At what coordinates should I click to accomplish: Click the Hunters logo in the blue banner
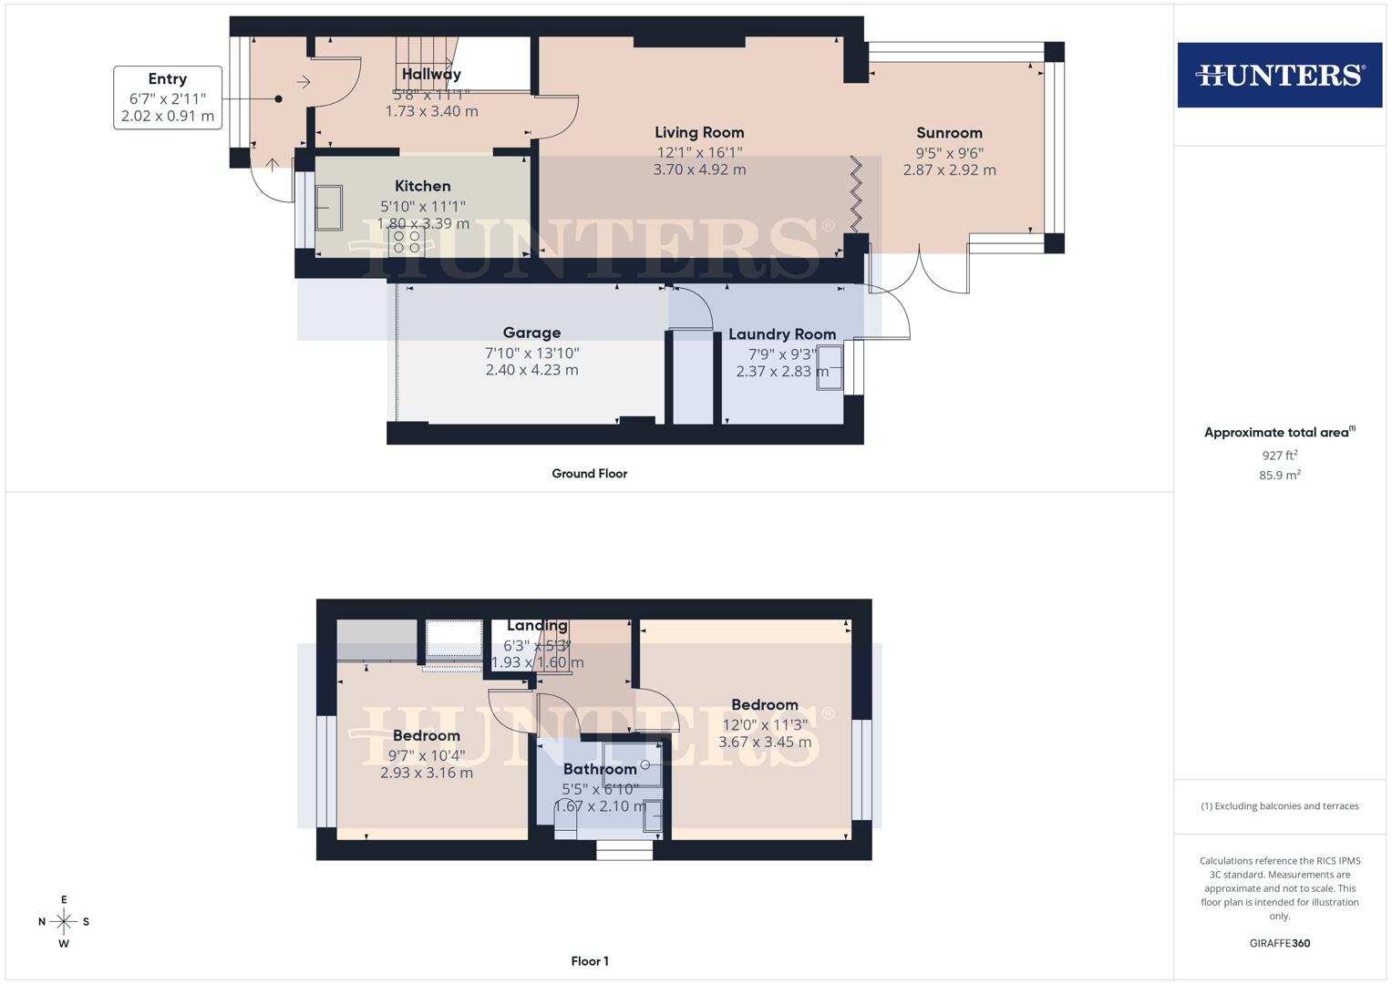tap(1279, 75)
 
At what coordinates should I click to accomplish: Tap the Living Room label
tap(699, 133)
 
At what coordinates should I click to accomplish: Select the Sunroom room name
tap(949, 133)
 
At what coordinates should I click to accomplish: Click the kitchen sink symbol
tap(328, 209)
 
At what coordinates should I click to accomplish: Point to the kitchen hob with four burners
tap(407, 241)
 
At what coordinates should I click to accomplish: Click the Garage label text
tap(531, 333)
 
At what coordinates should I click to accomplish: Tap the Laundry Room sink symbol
tap(830, 369)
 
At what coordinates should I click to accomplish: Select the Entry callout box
tap(168, 97)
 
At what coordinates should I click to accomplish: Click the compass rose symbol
tap(64, 922)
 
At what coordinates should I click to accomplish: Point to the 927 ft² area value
tap(1279, 456)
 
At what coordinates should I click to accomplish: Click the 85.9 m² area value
tap(1279, 476)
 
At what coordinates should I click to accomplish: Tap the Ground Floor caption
tap(589, 474)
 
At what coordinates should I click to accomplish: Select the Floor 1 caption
tap(589, 961)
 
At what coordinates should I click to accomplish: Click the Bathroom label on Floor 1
tap(599, 770)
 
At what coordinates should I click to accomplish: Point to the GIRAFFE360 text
tap(1279, 944)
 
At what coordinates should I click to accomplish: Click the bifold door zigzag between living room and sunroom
tap(856, 194)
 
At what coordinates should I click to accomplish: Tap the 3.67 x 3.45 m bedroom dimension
tap(764, 743)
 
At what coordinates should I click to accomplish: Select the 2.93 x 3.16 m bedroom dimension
tap(426, 774)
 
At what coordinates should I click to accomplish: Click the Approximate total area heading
tap(1279, 433)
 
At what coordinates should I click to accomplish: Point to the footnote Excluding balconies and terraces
tap(1279, 806)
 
